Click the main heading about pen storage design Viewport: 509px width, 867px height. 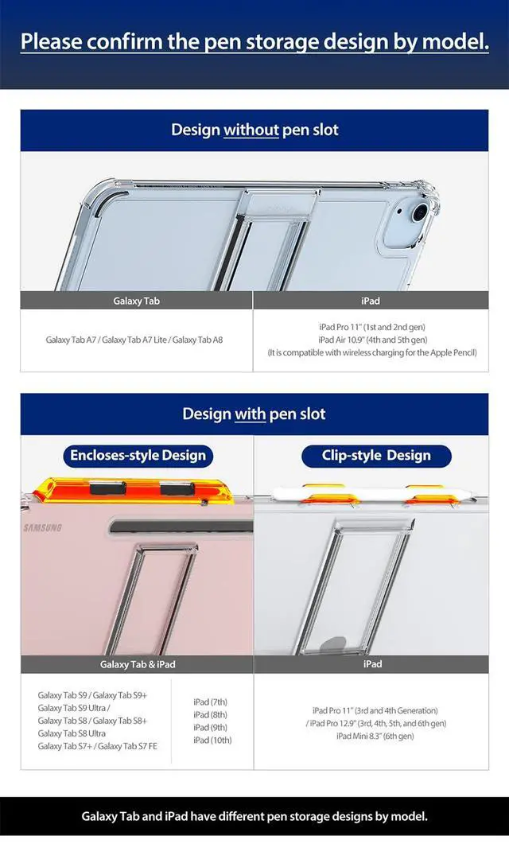(x=254, y=41)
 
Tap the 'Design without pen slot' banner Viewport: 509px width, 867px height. (x=254, y=130)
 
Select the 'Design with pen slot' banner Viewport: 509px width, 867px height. (x=254, y=414)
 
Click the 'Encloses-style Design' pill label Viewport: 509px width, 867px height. (x=138, y=456)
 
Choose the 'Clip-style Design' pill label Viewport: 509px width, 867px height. (x=376, y=456)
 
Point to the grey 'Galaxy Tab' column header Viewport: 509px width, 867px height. (x=137, y=301)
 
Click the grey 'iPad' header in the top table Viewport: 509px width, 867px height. (x=371, y=301)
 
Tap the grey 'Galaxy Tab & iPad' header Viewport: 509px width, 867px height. (x=138, y=664)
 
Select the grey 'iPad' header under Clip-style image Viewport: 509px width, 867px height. (x=371, y=664)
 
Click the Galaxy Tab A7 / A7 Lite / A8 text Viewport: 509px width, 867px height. (x=134, y=340)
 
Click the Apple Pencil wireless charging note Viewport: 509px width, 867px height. (x=372, y=352)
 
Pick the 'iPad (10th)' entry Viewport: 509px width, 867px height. (x=212, y=741)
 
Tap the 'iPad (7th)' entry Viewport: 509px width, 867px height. (x=210, y=702)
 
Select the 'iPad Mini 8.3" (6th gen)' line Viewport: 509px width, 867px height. (x=375, y=736)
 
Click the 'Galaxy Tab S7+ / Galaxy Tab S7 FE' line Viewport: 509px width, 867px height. (x=97, y=746)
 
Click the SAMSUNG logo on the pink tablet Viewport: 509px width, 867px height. (x=42, y=528)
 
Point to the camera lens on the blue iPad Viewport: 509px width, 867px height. (x=419, y=213)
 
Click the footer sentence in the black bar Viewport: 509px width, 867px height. (x=254, y=816)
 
